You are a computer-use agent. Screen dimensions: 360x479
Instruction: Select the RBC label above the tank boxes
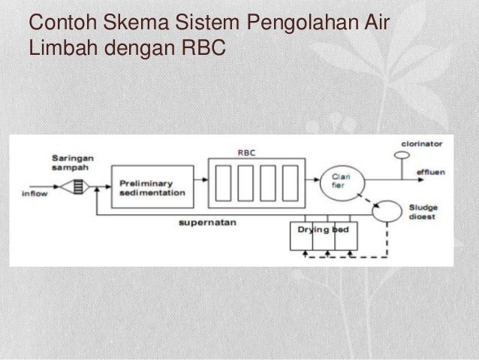[x=246, y=152]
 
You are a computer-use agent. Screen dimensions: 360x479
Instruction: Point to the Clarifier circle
[x=339, y=180]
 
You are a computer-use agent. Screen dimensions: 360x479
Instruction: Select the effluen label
[x=431, y=171]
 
